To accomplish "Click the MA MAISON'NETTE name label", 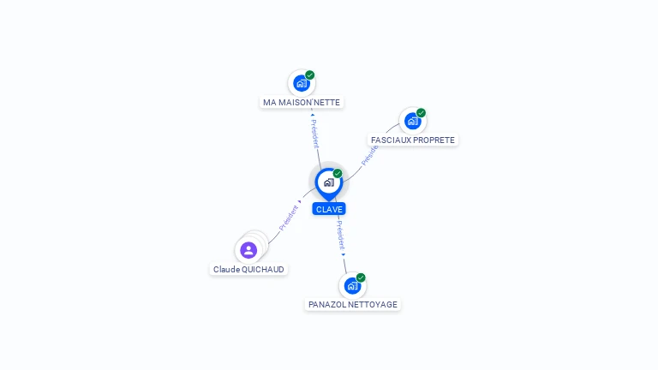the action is pos(302,103).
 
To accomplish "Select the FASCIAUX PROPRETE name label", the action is pos(412,140).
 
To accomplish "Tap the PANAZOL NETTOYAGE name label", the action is pos(352,305).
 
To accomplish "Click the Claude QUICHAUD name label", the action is pos(248,269).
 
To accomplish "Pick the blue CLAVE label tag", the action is pos(329,209).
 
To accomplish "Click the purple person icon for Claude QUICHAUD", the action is pos(248,250).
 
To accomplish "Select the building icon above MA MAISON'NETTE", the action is pos(302,83).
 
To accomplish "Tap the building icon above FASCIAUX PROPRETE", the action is pos(412,122).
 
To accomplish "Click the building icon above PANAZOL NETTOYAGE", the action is pos(352,286).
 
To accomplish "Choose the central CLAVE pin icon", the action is pos(329,183).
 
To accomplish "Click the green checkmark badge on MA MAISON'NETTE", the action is pos(309,75).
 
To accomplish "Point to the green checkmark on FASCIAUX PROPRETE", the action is pos(421,113).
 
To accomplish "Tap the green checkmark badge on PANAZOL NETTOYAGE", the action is pos(361,277).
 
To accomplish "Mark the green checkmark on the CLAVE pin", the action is pos(338,174).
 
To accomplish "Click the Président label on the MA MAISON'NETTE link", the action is pos(315,134).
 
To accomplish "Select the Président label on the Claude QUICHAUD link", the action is pos(289,218).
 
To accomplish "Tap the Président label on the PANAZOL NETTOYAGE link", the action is pos(340,236).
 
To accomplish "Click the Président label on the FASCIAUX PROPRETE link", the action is pos(370,156).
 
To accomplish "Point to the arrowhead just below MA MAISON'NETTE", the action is pos(312,115).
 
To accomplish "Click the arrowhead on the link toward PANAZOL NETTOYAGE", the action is pos(344,254).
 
